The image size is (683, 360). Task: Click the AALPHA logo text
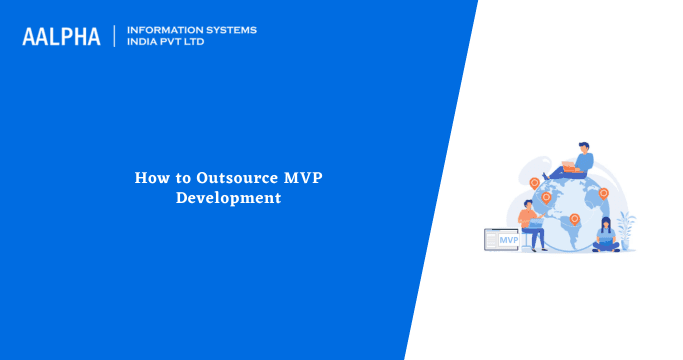(x=61, y=37)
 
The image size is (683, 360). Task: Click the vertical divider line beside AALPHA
(x=115, y=37)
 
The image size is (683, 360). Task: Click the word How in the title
(x=149, y=178)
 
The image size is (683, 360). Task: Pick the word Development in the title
(x=228, y=198)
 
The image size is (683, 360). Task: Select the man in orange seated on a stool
(x=530, y=225)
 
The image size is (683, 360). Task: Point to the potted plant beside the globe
(x=626, y=231)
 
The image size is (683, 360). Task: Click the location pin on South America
(x=574, y=219)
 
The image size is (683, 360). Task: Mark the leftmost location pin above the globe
(x=534, y=183)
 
